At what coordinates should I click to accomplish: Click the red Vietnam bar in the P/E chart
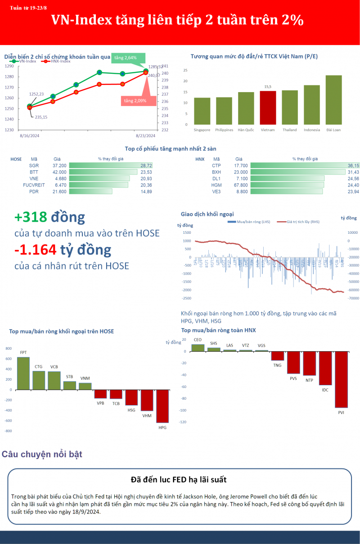tap(268, 107)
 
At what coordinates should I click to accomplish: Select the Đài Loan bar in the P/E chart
tap(333, 100)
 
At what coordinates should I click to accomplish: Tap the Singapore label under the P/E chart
tap(202, 130)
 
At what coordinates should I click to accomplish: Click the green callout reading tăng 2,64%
tap(128, 58)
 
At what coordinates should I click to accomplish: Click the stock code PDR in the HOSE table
tap(34, 192)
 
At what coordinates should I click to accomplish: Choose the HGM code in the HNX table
tap(216, 185)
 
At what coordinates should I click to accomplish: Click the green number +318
tap(31, 217)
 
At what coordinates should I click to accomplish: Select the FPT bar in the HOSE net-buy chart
tap(23, 373)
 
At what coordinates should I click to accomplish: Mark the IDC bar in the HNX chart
tap(325, 368)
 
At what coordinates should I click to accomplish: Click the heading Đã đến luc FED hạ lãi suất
tap(179, 480)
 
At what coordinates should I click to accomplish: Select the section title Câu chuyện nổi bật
tap(42, 454)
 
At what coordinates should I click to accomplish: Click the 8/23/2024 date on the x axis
tap(145, 136)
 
